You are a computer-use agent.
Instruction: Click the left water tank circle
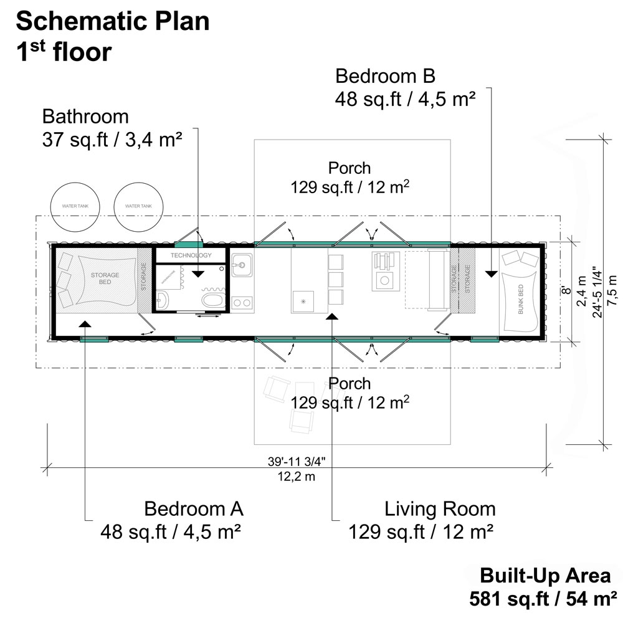pyautogui.click(x=74, y=206)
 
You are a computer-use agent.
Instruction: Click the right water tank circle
pyautogui.click(x=138, y=206)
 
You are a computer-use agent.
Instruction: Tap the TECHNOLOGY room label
pyautogui.click(x=191, y=255)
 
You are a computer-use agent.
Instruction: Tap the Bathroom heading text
pyautogui.click(x=85, y=117)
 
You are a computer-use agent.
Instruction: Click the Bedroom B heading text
pyautogui.click(x=385, y=76)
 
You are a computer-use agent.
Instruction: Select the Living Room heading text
pyautogui.click(x=440, y=509)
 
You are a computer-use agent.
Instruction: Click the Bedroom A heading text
pyautogui.click(x=194, y=509)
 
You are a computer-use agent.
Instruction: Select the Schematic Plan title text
pyautogui.click(x=113, y=22)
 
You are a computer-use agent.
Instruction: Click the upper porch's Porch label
pyautogui.click(x=350, y=168)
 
